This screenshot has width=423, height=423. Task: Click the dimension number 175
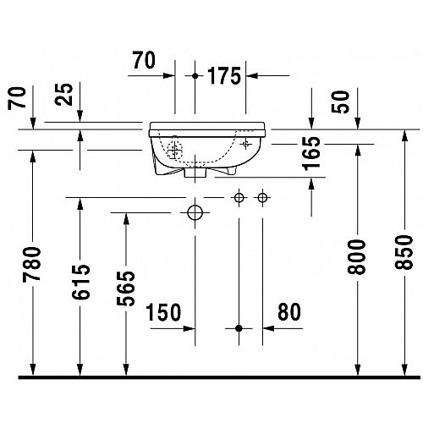point(224,76)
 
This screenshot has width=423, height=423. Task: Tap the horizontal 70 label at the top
point(144,60)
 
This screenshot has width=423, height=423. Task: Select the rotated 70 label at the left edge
point(17,98)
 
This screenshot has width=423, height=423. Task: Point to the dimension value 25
point(64,95)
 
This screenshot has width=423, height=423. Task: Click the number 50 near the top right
point(340,102)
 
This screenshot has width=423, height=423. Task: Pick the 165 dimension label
point(311,154)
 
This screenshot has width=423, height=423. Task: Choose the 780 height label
point(32,264)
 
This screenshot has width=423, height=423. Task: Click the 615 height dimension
point(80,282)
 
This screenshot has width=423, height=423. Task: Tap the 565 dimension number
point(126,288)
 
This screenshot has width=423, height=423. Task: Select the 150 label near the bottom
point(163,312)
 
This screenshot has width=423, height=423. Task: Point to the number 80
point(289,312)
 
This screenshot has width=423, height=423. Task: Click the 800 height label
point(356,257)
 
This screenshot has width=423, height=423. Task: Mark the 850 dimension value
point(404,252)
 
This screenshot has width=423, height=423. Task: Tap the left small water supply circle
point(239,198)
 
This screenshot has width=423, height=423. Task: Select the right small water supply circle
point(262,198)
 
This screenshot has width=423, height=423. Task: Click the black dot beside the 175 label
point(195,76)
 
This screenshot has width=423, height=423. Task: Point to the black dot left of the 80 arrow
point(239,328)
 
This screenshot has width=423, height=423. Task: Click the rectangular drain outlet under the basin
point(195,173)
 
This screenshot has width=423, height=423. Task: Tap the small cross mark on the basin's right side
point(245,144)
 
